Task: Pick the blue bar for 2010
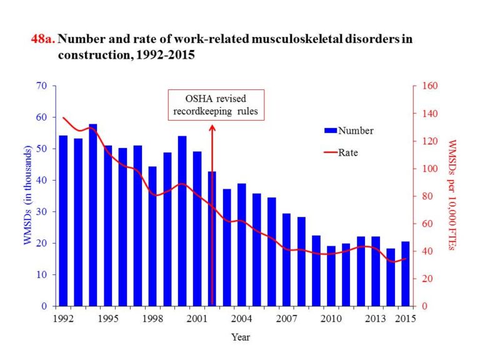tap(331, 276)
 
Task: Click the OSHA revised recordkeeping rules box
tap(216, 106)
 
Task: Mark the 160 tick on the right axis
tap(432, 86)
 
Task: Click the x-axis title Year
tap(241, 337)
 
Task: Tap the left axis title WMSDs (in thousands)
tap(28, 196)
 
